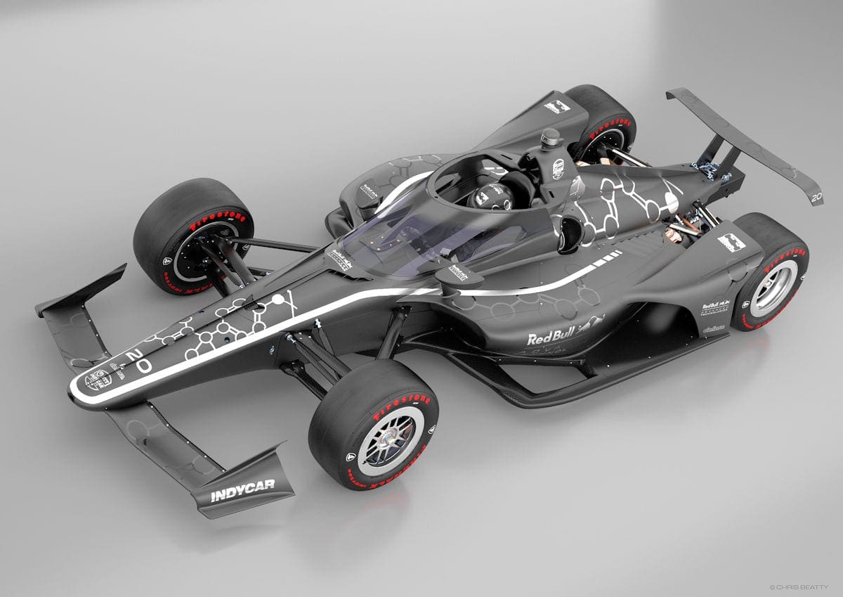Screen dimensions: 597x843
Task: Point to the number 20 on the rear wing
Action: [816, 198]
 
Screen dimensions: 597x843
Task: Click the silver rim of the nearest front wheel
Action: [389, 441]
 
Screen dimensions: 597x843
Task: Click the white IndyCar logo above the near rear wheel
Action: [731, 243]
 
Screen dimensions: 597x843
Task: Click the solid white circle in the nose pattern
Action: [278, 300]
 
